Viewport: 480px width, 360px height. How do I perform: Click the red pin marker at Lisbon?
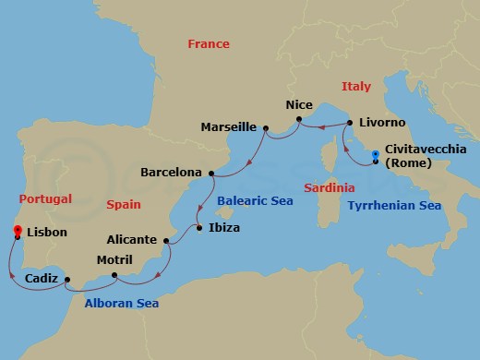18,232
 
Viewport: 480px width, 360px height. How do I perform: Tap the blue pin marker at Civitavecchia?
374,156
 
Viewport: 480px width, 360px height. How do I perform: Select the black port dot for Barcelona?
211,172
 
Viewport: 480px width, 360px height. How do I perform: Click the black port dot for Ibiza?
198,227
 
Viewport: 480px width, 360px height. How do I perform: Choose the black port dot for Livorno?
348,121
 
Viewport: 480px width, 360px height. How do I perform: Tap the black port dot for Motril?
114,274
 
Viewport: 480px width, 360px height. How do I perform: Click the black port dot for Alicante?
166,241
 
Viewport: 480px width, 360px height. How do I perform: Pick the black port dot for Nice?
297,118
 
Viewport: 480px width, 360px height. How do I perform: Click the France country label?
208,44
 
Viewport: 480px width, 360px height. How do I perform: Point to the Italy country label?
355,87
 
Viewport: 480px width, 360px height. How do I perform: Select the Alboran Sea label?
122,303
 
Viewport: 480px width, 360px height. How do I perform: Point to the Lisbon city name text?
48,233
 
